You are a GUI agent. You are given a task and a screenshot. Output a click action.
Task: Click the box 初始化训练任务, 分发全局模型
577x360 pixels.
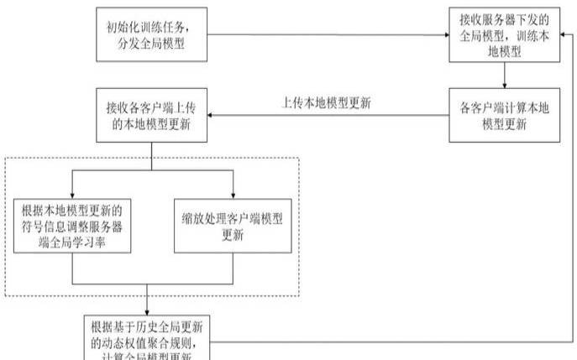tap(151, 35)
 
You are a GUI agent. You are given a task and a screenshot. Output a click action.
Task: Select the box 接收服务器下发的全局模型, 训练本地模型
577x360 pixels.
tap(504, 34)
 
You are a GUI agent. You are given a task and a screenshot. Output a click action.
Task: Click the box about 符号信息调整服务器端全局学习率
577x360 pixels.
tap(73, 227)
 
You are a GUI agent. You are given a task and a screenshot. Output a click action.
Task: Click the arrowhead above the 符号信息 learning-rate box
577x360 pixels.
tap(73, 195)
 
